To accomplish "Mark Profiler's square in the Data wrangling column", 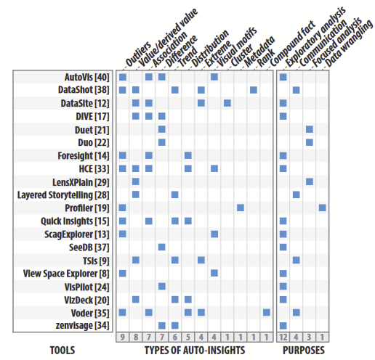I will click(x=322, y=208).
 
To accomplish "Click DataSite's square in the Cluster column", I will click(x=227, y=103).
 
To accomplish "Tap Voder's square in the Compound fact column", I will click(x=267, y=312).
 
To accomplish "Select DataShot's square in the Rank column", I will click(x=254, y=90).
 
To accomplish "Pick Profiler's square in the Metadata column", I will click(x=241, y=208).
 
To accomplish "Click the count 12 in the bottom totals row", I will click(x=283, y=337).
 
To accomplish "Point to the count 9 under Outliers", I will click(x=122, y=337).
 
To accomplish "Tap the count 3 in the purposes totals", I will click(x=309, y=337).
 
